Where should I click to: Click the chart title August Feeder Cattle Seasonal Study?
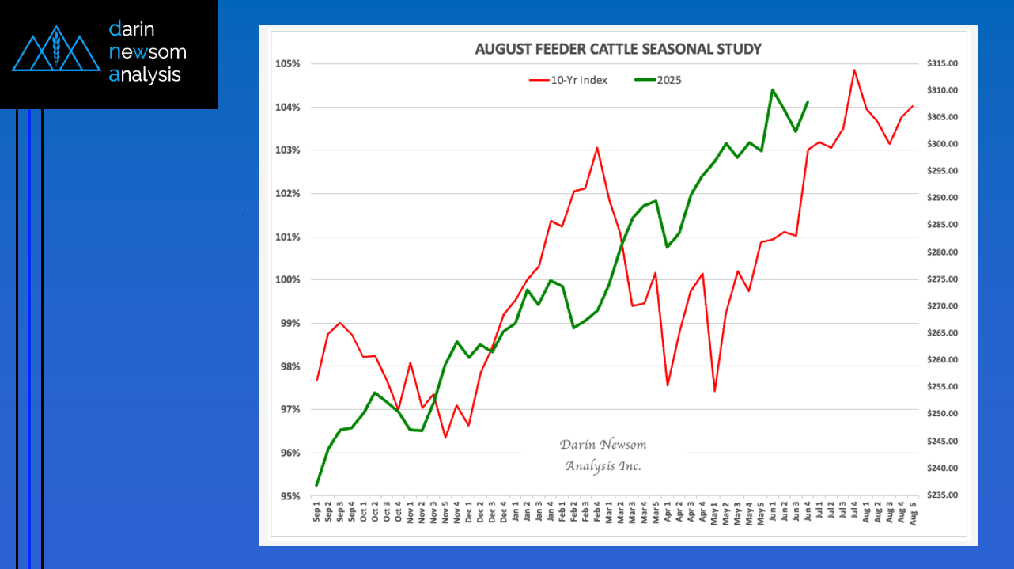click(x=618, y=49)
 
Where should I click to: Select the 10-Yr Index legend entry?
click(x=569, y=80)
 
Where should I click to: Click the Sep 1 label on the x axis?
click(x=317, y=514)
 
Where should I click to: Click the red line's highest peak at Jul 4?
click(x=854, y=70)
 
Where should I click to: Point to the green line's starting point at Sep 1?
click(x=316, y=485)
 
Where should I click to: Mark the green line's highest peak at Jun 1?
click(x=772, y=89)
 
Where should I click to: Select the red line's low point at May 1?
click(x=714, y=391)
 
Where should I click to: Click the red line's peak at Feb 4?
click(x=597, y=148)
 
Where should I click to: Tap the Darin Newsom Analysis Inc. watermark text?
click(x=603, y=455)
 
